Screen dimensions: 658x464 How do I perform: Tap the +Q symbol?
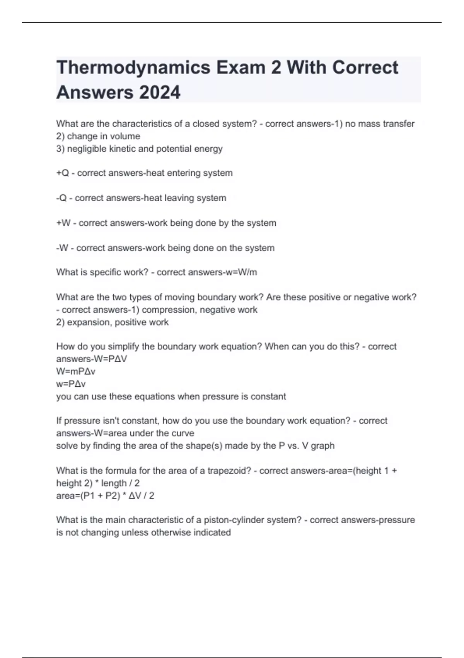click(x=62, y=173)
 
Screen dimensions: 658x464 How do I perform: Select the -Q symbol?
click(x=61, y=198)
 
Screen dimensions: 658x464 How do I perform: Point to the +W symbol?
click(x=63, y=223)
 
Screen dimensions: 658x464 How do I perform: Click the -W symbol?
click(x=62, y=248)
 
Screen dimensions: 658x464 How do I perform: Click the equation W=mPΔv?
click(x=76, y=372)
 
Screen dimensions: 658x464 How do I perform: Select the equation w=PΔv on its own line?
click(x=71, y=384)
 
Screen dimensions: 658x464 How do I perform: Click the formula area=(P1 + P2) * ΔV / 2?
click(x=105, y=496)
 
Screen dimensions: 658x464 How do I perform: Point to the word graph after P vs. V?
click(x=322, y=446)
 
